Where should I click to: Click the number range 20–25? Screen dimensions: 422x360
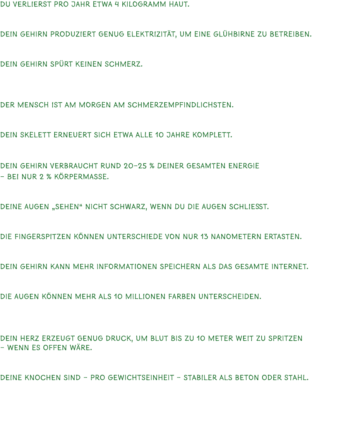coord(136,166)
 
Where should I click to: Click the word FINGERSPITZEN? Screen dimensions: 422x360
coord(39,237)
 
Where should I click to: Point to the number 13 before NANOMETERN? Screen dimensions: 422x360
coord(206,237)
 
